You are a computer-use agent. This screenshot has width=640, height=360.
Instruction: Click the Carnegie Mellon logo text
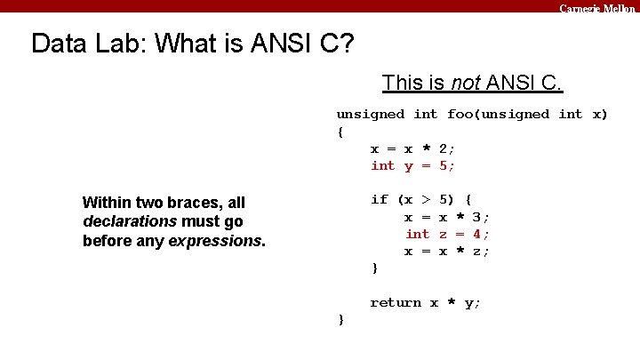pos(597,7)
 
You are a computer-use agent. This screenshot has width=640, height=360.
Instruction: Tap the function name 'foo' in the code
pos(460,114)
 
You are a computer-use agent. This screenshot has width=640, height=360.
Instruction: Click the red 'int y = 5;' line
pos(413,165)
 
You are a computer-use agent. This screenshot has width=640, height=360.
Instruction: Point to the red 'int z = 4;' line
pos(447,234)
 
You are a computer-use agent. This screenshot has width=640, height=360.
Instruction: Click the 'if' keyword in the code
pos(380,200)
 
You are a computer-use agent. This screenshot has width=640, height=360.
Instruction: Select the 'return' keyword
pos(396,303)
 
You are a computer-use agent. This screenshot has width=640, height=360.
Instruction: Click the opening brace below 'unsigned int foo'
pos(340,132)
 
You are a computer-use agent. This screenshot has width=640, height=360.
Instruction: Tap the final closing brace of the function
pos(340,320)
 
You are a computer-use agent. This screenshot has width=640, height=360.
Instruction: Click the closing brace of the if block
pos(374,268)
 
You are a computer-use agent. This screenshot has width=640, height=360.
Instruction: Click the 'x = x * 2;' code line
pos(413,148)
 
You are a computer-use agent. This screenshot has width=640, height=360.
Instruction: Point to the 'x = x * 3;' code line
pos(447,217)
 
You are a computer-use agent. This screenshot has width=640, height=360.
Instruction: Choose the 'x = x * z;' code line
pos(447,252)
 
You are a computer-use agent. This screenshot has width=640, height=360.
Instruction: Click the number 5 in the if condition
pos(444,200)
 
